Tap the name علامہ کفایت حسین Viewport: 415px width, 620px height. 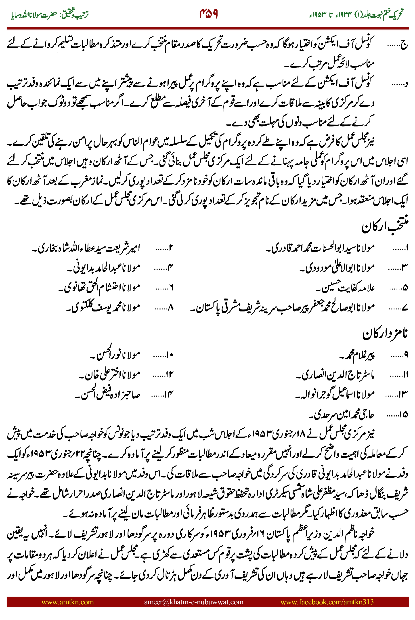click(x=345, y=288)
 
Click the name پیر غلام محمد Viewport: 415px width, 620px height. click(x=357, y=355)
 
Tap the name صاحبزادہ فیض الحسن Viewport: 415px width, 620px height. click(x=107, y=394)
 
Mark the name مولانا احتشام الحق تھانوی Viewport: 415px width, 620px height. click(x=99, y=287)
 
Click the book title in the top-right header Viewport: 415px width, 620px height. click(x=356, y=15)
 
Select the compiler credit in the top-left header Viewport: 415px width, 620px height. click(x=50, y=15)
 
